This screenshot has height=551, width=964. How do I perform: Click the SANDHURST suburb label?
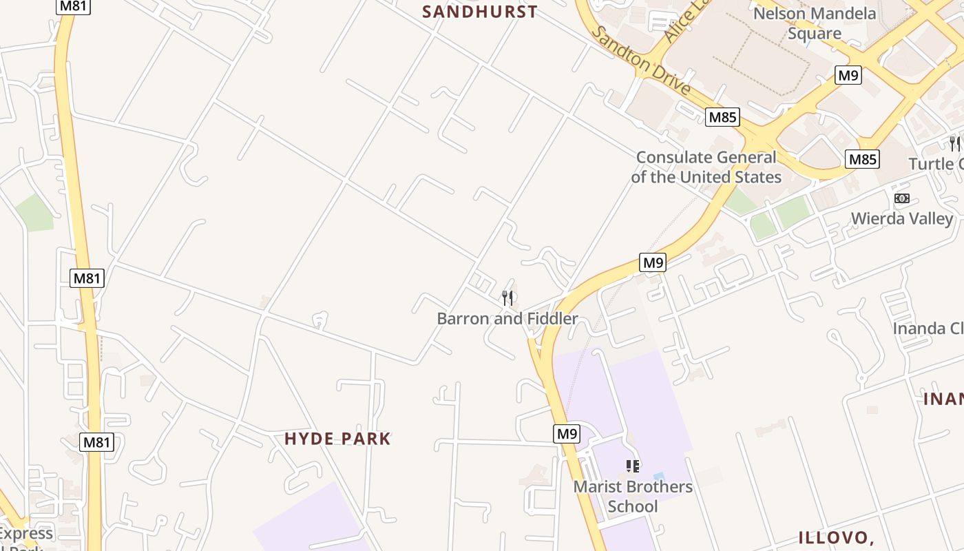point(479,12)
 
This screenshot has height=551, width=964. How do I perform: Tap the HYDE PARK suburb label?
point(337,439)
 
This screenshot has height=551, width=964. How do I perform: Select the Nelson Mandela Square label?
point(815,23)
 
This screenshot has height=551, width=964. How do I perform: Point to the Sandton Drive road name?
point(640,61)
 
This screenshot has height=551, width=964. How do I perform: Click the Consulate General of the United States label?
point(706,167)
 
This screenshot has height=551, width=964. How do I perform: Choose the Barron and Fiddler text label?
point(507,319)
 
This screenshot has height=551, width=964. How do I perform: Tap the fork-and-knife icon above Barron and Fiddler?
point(507,298)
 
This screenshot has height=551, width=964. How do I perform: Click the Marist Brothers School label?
point(633,497)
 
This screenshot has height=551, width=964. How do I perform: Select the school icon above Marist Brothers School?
point(633,466)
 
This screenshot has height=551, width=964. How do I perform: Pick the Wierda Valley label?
point(902,219)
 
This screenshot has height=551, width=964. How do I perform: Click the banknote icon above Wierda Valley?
point(901,198)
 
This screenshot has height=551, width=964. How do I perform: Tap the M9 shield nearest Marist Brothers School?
point(566,434)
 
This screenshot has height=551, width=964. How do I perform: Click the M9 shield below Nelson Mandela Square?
point(848,75)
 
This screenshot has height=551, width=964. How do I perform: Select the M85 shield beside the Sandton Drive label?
point(723,117)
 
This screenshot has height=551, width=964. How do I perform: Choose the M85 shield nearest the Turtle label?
point(862,160)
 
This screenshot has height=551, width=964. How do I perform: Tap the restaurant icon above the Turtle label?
point(954,143)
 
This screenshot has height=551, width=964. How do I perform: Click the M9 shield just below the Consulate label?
point(653,262)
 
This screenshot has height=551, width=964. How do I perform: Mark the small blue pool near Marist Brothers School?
point(659,477)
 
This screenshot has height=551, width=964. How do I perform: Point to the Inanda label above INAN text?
point(928,329)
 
